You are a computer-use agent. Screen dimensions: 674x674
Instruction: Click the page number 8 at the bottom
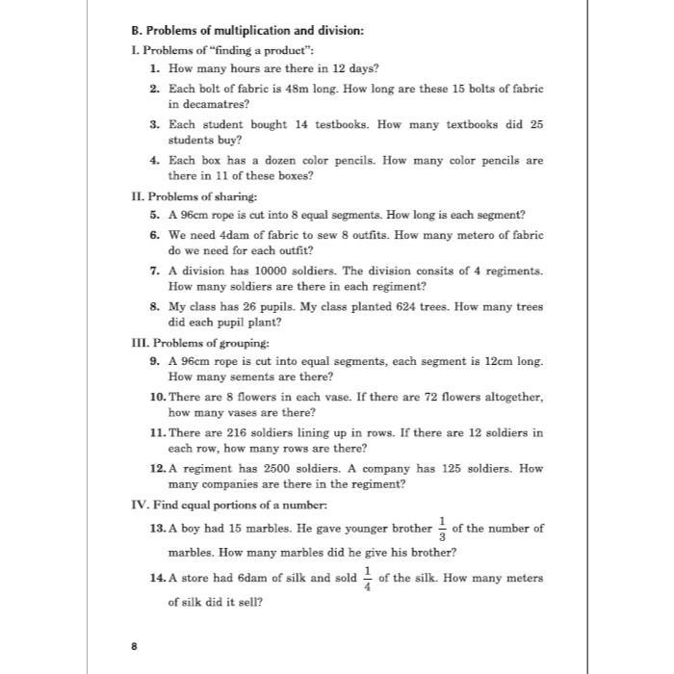pos(134,646)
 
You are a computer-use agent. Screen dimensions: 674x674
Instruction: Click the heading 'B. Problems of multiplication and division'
pos(247,31)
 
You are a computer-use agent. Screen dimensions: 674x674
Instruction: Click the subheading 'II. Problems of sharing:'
pos(181,196)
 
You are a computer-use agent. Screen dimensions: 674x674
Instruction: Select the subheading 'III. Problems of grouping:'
pos(187,343)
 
